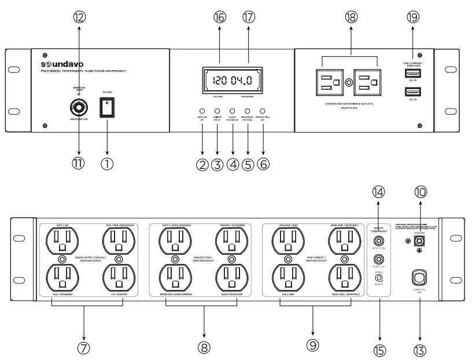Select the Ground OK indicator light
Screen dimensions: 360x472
pos(202,111)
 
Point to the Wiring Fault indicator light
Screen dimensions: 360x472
pos(217,111)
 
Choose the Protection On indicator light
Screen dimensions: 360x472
pos(263,111)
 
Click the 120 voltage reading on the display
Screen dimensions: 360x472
pos(220,81)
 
